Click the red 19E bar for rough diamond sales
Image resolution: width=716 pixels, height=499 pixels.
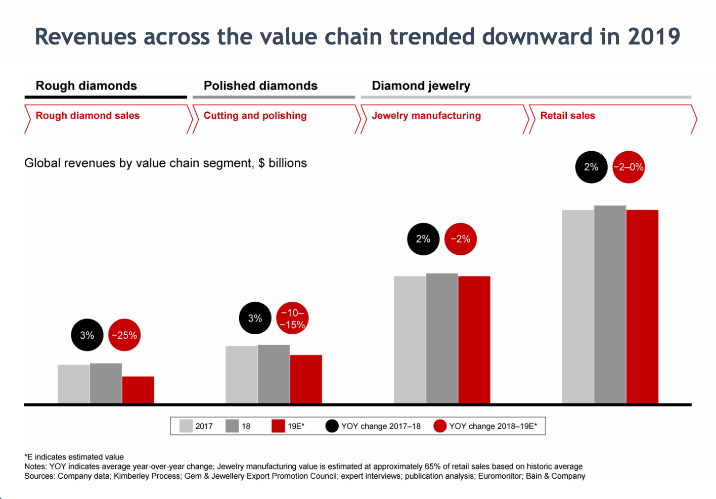(138, 390)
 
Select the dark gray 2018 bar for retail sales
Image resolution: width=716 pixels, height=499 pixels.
(610, 304)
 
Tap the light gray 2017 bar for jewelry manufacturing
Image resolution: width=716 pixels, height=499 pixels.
(410, 340)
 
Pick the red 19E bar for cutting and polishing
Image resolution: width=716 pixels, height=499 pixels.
(306, 379)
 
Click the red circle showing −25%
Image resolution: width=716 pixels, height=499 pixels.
(124, 335)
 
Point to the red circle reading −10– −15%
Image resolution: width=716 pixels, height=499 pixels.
(292, 318)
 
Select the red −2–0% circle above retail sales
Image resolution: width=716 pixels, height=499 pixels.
(629, 167)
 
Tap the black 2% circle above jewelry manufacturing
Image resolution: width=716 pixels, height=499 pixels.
(423, 239)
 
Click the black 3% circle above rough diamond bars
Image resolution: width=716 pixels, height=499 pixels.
(87, 335)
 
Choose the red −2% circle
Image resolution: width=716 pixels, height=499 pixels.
(461, 239)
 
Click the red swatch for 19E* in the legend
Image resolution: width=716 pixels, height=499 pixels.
(278, 426)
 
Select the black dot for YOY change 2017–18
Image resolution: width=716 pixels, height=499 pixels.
(332, 426)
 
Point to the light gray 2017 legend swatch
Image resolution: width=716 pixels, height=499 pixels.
(186, 426)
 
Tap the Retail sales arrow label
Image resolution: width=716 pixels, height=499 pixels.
(568, 115)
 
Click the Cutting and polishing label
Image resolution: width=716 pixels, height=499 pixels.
(255, 115)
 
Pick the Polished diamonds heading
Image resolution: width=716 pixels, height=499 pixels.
(260, 85)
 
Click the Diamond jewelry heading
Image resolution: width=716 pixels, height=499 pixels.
(421, 85)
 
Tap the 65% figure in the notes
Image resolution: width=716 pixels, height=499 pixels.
(432, 467)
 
